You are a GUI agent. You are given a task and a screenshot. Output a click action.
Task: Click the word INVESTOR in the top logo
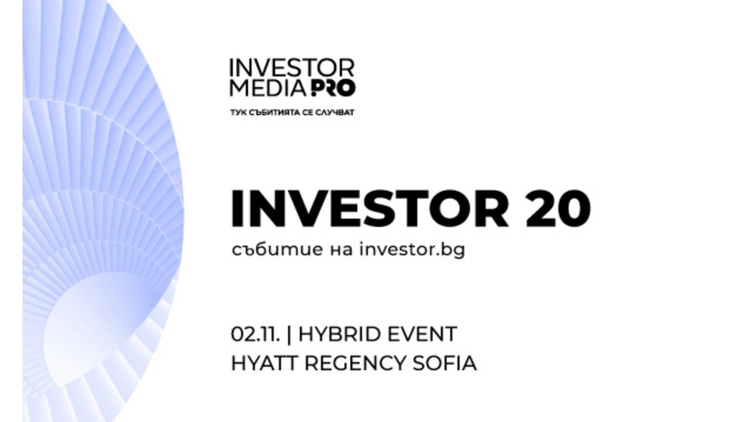click(292, 68)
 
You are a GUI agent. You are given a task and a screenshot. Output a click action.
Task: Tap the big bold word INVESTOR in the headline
click(370, 209)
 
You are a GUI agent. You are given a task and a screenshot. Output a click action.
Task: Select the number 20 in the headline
click(558, 209)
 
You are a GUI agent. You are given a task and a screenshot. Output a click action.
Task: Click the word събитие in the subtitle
click(277, 249)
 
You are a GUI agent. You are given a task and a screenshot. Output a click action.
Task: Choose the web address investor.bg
click(412, 250)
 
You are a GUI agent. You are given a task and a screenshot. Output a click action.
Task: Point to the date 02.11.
click(256, 334)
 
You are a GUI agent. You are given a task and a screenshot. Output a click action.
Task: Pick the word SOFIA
click(444, 363)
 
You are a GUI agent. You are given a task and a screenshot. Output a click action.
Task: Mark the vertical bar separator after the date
click(289, 334)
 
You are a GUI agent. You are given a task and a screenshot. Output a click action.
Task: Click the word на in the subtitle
click(341, 251)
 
